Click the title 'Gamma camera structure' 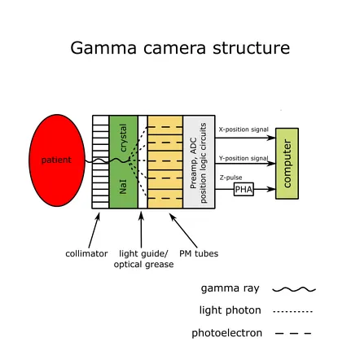coord(179,48)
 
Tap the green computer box coord(287,163)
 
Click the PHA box coord(244,189)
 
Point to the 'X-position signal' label coord(243,130)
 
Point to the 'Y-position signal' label coord(243,158)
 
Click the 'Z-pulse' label coord(230,177)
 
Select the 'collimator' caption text coord(86,253)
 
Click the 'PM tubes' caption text coord(199,253)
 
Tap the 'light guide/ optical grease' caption coord(143,259)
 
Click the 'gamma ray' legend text coord(230,288)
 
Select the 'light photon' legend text coord(230,310)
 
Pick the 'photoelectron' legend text coord(226,332)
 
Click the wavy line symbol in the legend coord(294,288)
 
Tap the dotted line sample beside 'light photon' coord(292,310)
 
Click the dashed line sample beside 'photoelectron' coord(292,332)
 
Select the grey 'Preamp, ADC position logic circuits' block coord(199,162)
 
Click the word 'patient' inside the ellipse coord(56,160)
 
